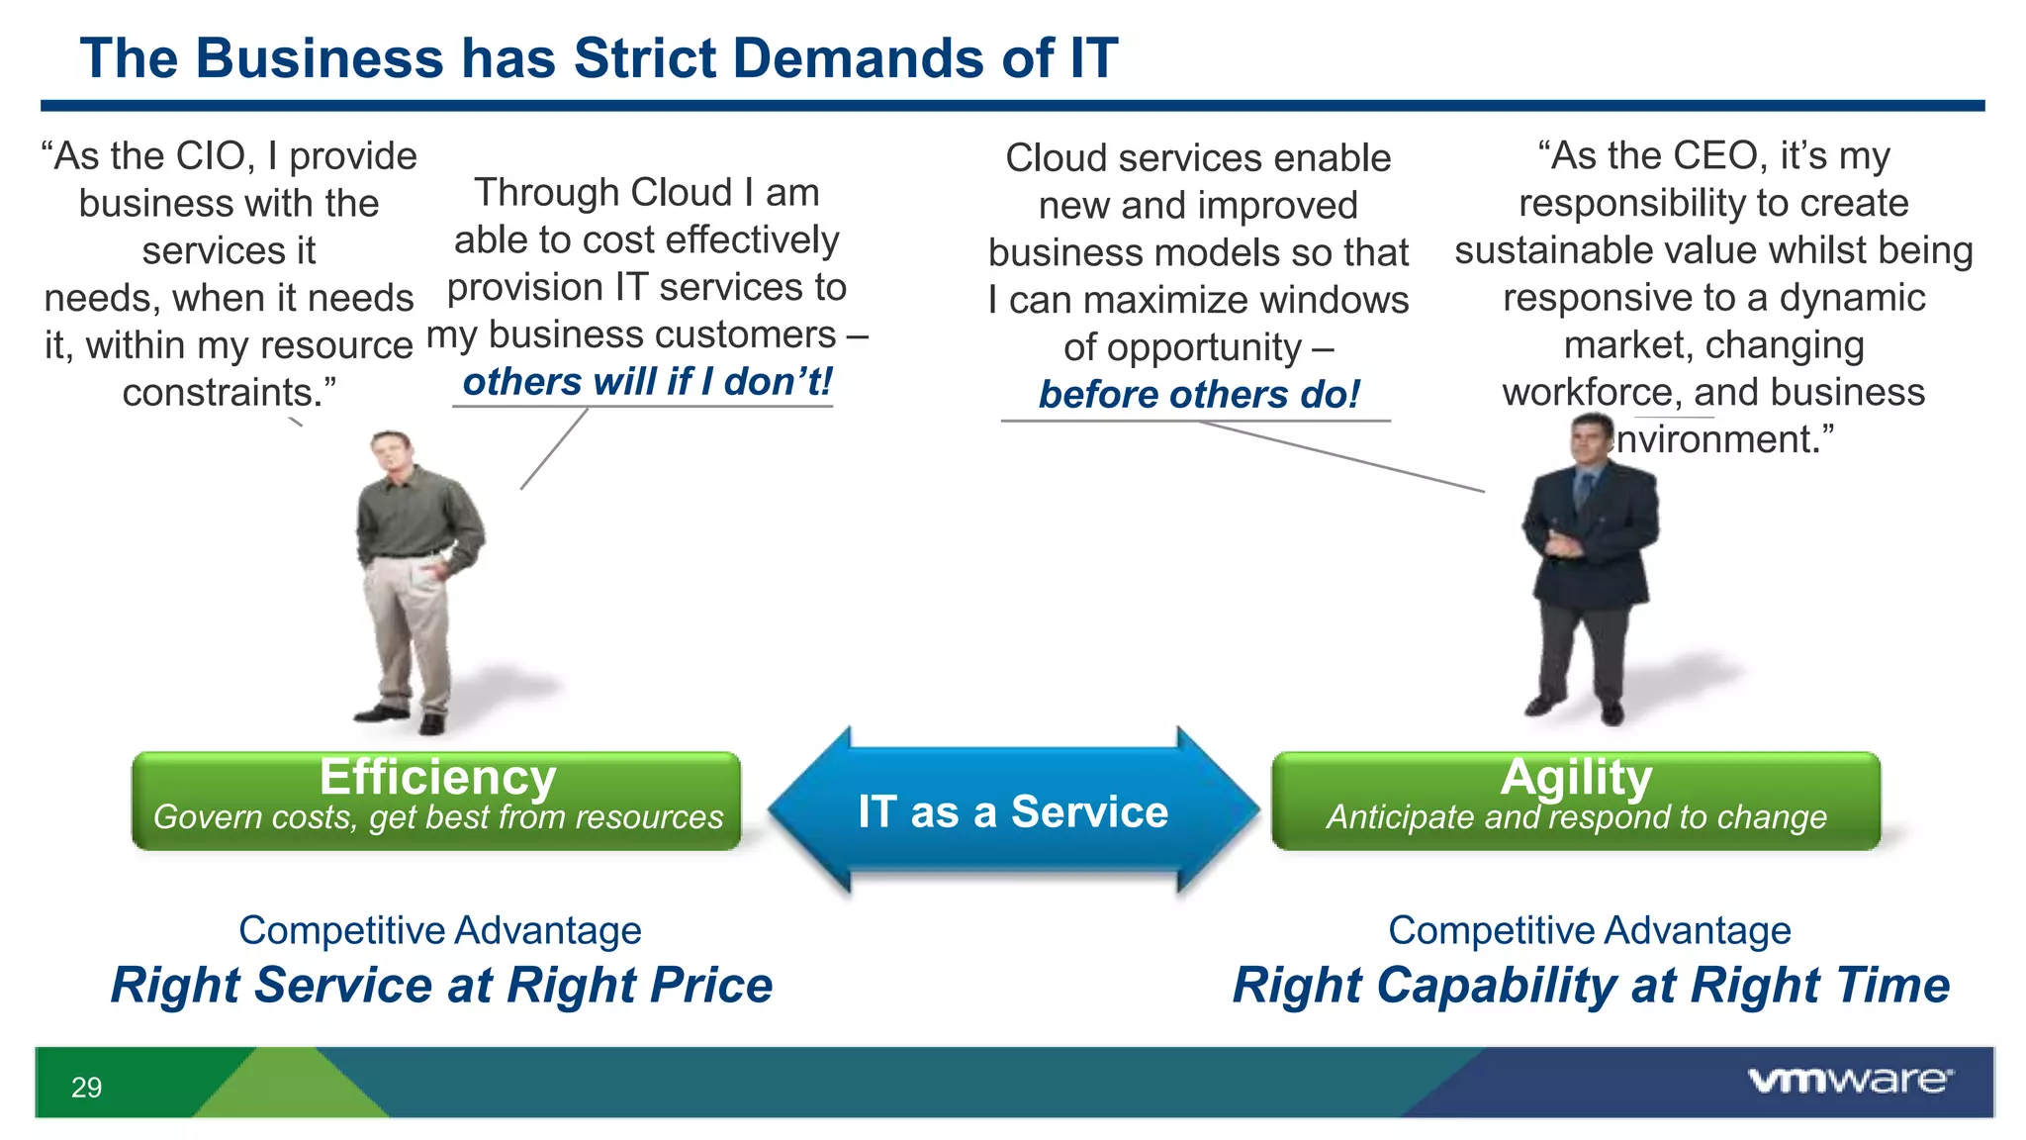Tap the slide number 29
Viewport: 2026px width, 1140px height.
[86, 1088]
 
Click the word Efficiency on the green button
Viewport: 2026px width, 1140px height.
[437, 777]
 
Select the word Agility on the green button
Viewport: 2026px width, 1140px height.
[1576, 777]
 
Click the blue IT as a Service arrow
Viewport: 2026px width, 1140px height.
[1013, 812]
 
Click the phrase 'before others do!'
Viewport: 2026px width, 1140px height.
[1198, 395]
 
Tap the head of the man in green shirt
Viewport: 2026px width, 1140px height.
[393, 453]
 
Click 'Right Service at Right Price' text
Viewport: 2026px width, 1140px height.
[441, 986]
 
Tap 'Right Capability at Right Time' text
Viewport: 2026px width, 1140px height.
[1590, 986]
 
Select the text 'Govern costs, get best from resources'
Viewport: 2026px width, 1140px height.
[437, 817]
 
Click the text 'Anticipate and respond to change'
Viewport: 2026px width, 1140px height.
[1576, 817]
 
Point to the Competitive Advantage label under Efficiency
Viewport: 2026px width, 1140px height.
[440, 930]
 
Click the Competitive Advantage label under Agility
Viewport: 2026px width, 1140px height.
[1589, 930]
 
